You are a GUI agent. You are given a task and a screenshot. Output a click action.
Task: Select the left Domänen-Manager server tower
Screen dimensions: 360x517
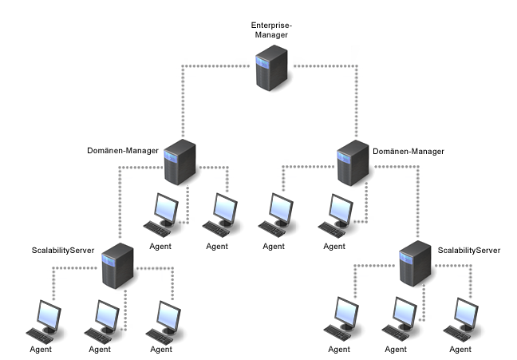pyautogui.click(x=180, y=162)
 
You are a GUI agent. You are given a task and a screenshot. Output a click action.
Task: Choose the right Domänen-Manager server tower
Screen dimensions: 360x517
pyautogui.click(x=353, y=162)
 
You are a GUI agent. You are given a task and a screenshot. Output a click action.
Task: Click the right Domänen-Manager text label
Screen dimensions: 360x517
pyautogui.click(x=408, y=150)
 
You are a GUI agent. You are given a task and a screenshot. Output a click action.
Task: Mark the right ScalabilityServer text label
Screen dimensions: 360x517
pyautogui.click(x=469, y=250)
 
